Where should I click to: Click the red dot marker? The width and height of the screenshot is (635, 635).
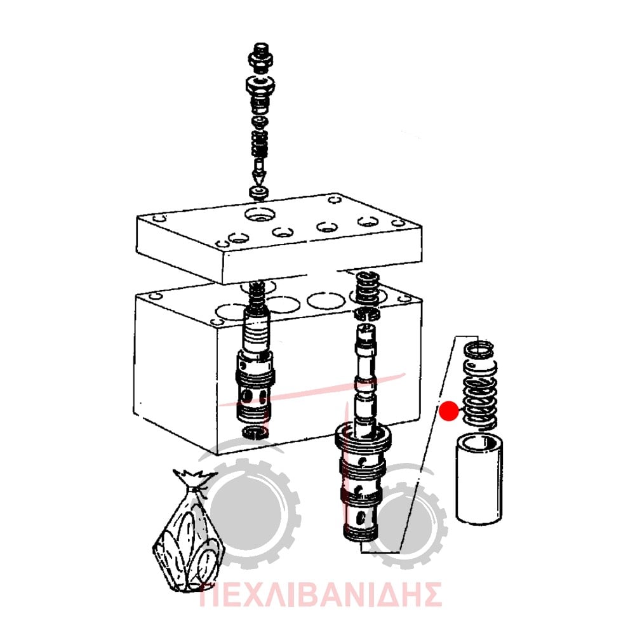click(449, 411)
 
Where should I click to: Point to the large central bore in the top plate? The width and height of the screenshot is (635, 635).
click(260, 215)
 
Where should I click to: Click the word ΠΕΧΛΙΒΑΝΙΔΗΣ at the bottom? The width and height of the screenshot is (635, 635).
click(321, 594)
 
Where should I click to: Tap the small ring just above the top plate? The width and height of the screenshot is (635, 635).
click(259, 192)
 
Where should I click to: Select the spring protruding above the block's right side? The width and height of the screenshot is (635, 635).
click(367, 289)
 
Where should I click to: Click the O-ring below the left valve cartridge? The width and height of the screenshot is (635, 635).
click(255, 432)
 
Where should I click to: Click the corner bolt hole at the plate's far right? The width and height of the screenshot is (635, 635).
click(399, 223)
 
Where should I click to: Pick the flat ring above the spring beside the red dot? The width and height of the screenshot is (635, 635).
click(479, 351)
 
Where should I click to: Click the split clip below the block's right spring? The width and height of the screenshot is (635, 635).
click(367, 313)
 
